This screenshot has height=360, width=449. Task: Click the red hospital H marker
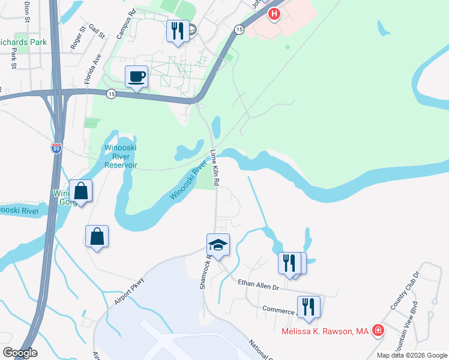click(x=274, y=14)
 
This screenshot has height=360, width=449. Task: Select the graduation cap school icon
click(x=218, y=245)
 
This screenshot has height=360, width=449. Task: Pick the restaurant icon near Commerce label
click(x=309, y=307)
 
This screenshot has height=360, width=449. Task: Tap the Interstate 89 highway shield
click(x=56, y=148)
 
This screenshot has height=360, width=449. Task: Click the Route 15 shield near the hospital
click(x=239, y=29)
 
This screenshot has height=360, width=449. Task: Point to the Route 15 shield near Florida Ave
click(x=111, y=94)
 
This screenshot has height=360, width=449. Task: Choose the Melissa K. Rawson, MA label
click(x=324, y=331)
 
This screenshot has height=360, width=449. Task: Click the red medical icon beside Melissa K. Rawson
click(x=378, y=331)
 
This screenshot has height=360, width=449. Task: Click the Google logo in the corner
click(x=19, y=353)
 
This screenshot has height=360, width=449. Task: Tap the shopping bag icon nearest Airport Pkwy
click(x=97, y=236)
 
